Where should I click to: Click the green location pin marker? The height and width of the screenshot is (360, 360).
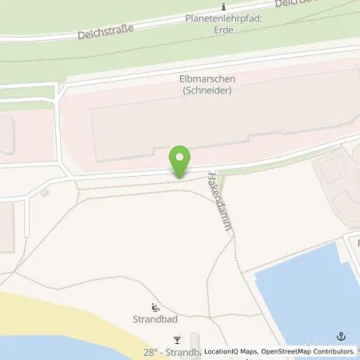click(181, 161)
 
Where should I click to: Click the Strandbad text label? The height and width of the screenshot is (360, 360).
click(155, 321)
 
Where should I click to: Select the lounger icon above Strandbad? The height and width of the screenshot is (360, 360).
click(154, 308)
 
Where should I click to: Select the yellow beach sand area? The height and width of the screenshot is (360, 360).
click(48, 328)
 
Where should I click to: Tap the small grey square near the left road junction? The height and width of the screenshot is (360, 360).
click(44, 191)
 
